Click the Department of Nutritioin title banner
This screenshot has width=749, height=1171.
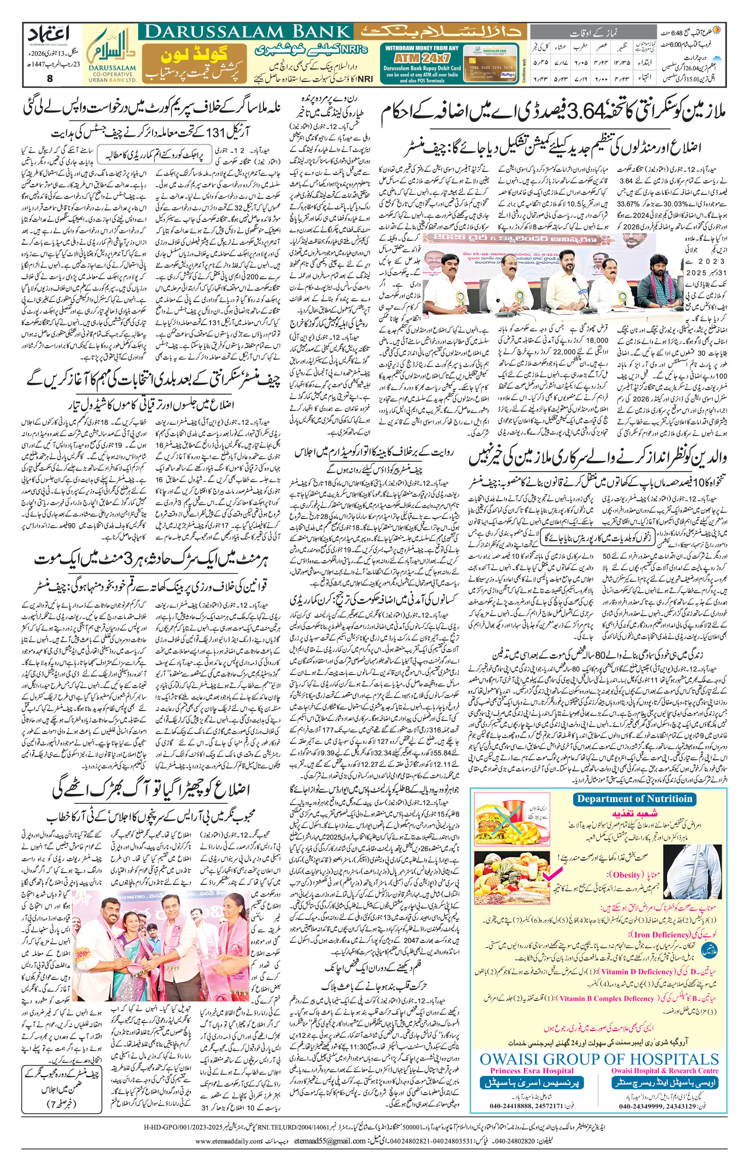(634, 799)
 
